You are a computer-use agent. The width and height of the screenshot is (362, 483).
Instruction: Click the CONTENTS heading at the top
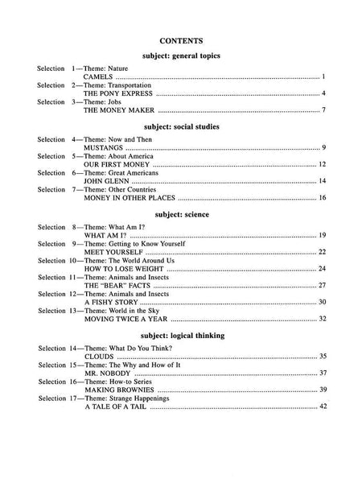pyautogui.click(x=181, y=38)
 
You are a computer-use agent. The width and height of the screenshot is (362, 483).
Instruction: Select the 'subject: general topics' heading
pyautogui.click(x=181, y=56)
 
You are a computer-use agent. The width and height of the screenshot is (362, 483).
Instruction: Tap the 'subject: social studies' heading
pyautogui.click(x=181, y=126)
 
